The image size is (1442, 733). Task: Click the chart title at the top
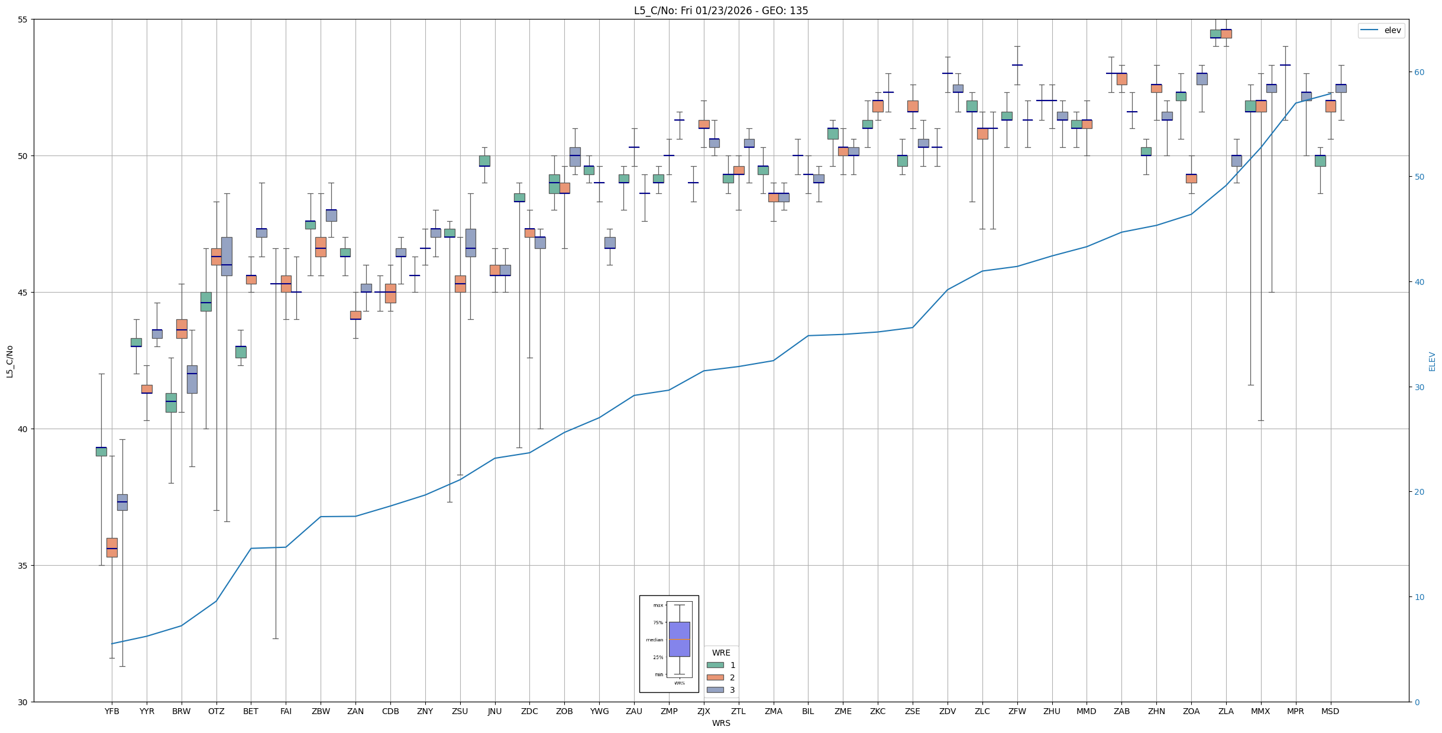[x=720, y=11]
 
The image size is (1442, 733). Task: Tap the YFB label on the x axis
[x=112, y=711]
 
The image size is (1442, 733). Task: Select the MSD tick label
[x=1330, y=711]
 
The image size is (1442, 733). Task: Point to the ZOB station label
[x=564, y=711]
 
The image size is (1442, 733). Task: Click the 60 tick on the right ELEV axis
[x=1419, y=72]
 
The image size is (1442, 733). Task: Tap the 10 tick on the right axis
[x=1419, y=597]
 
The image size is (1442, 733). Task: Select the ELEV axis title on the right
[x=1432, y=361]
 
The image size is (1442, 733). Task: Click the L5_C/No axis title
[x=9, y=361]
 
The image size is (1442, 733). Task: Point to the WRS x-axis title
[x=720, y=723]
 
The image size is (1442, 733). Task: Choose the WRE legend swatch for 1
[x=715, y=665]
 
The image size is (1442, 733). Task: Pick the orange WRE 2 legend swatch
[x=715, y=677]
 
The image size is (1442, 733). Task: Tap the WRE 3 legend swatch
[x=715, y=690]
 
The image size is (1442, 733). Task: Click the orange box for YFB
[x=112, y=547]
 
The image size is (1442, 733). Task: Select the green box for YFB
[x=101, y=452]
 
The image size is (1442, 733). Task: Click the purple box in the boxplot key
[x=679, y=639]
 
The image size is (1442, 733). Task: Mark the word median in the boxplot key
[x=654, y=640]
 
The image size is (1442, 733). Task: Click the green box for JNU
[x=484, y=161]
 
